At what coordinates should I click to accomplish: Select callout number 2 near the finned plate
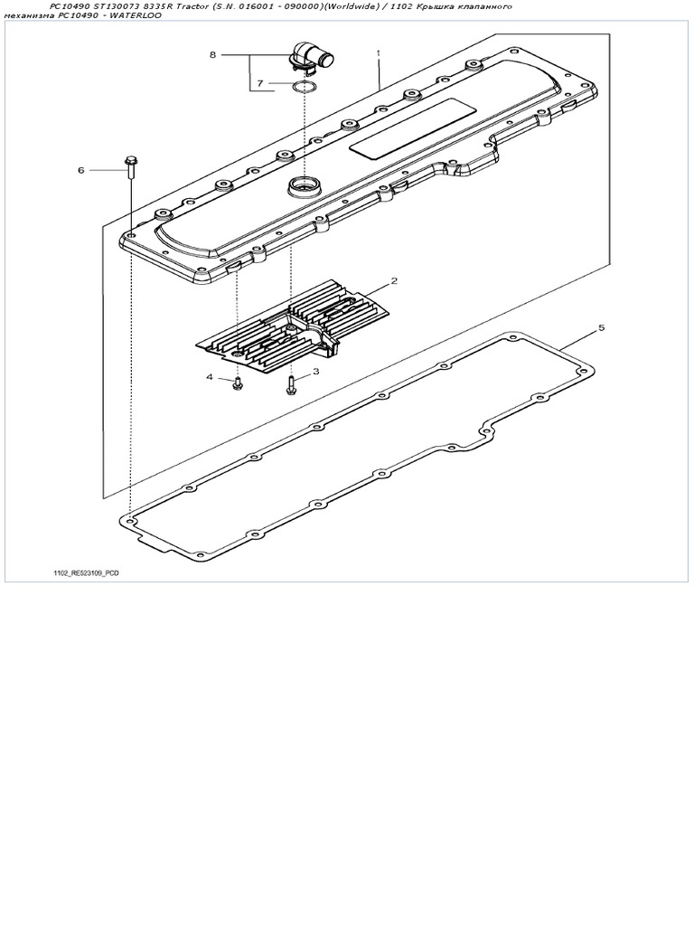[394, 280]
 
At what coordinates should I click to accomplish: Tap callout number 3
[315, 371]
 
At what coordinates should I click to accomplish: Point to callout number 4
[210, 377]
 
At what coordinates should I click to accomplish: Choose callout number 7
[259, 84]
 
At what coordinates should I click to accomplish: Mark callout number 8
[213, 55]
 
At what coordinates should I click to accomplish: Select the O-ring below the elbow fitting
[305, 87]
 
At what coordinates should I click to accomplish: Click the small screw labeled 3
[291, 386]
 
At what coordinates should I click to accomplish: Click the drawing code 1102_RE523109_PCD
[86, 572]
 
